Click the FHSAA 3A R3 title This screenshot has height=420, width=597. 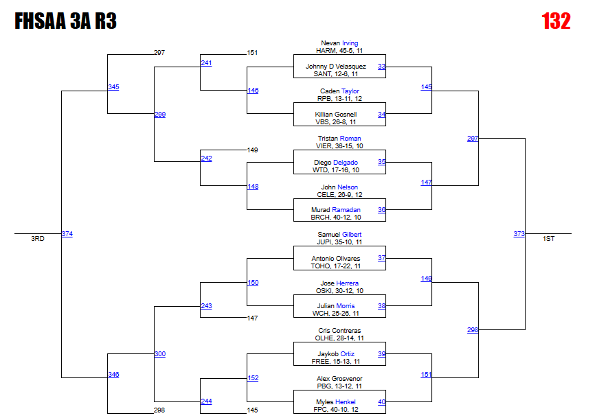click(65, 22)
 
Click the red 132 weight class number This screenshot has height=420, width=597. click(556, 21)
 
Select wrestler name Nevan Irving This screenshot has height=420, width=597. click(339, 43)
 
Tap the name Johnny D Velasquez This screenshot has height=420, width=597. click(336, 67)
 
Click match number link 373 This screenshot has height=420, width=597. click(519, 234)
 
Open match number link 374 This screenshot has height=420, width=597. click(67, 234)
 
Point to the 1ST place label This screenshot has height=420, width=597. click(548, 239)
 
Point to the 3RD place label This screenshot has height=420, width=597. click(38, 239)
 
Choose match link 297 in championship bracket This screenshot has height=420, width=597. click(472, 139)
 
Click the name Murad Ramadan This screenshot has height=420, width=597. click(335, 210)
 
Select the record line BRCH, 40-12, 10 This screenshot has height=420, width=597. click(336, 218)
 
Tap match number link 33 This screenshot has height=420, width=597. click(381, 67)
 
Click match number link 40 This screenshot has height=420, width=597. click(381, 402)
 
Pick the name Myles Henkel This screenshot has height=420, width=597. click(335, 402)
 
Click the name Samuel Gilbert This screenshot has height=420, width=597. click(339, 235)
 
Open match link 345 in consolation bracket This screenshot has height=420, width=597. click(113, 87)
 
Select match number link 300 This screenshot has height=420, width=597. click(159, 354)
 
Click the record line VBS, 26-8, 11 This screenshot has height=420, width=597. click(335, 121)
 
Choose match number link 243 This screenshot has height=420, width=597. click(206, 306)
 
